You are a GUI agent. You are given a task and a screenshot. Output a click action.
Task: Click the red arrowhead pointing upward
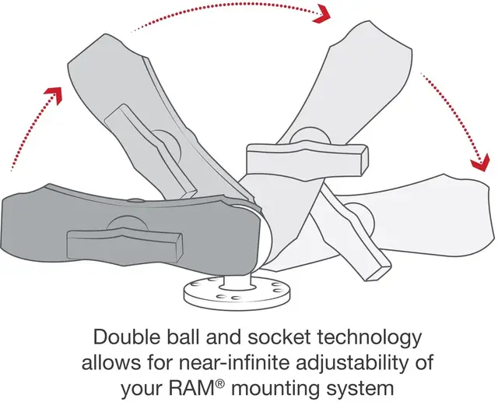(53, 97)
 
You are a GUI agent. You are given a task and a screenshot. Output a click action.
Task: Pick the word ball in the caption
(192, 338)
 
